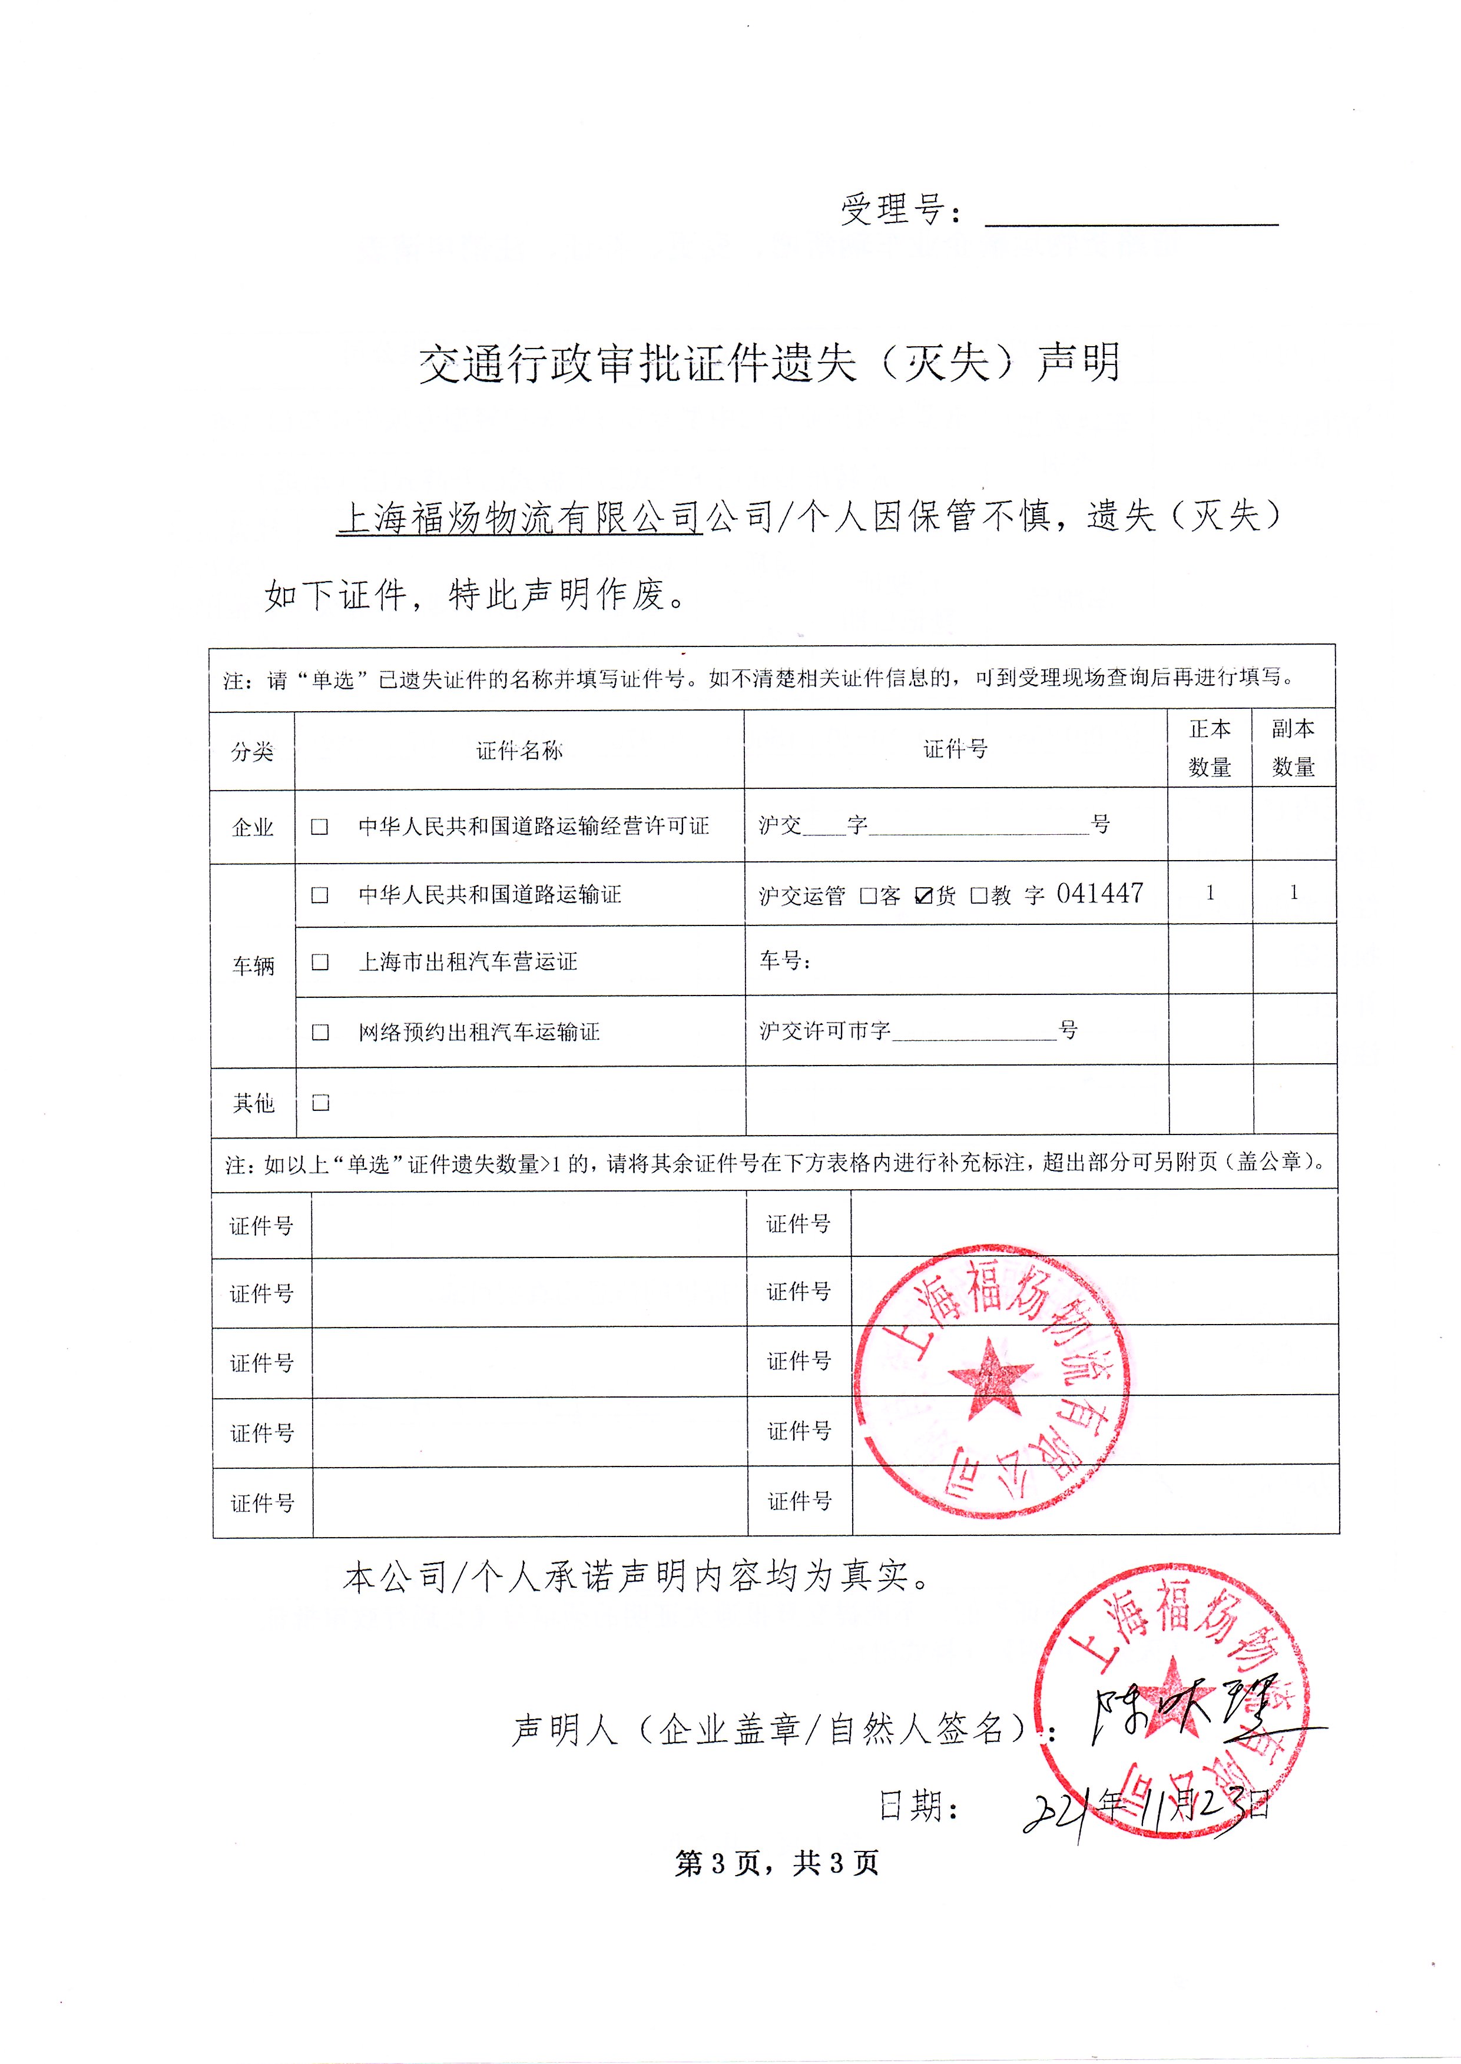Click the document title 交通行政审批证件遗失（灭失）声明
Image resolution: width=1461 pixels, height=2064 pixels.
pos(769,363)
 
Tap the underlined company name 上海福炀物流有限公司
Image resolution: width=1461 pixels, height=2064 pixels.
pos(518,518)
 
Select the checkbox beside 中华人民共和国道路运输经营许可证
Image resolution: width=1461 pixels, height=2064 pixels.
pos(319,827)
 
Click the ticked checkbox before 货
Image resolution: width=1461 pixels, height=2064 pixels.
pos(923,896)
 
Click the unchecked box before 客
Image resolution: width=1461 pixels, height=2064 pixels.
pos(868,896)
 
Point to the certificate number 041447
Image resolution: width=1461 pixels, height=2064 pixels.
pos(1099,893)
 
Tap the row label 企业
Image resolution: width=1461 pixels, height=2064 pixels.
pos(253,827)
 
